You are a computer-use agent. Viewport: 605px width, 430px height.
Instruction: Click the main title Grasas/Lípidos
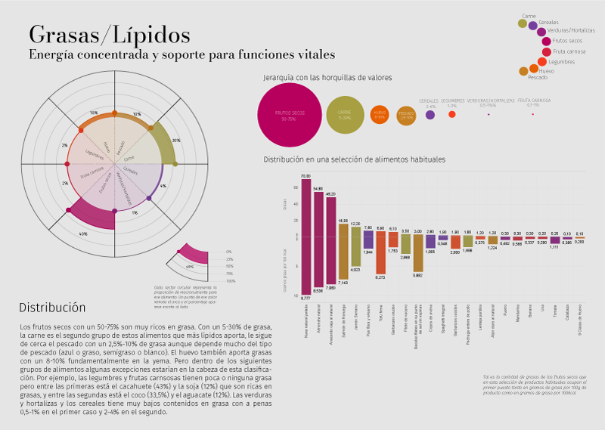point(110,35)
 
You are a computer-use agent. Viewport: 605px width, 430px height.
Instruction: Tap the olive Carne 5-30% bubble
point(344,115)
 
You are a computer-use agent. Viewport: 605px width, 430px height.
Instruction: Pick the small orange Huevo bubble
point(380,115)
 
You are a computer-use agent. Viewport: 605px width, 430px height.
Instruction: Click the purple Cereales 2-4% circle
point(430,114)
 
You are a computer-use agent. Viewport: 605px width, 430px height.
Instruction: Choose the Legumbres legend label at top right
point(560,61)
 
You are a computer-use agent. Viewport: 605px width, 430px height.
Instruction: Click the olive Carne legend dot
point(523,23)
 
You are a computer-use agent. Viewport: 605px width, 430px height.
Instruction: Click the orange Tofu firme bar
point(380,252)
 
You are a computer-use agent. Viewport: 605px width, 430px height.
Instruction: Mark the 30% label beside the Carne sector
point(176,141)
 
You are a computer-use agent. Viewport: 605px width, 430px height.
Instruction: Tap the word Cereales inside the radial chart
point(130,171)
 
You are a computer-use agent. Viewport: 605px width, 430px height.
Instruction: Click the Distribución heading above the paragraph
point(52,308)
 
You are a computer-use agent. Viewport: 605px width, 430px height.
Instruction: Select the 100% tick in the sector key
point(230,280)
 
